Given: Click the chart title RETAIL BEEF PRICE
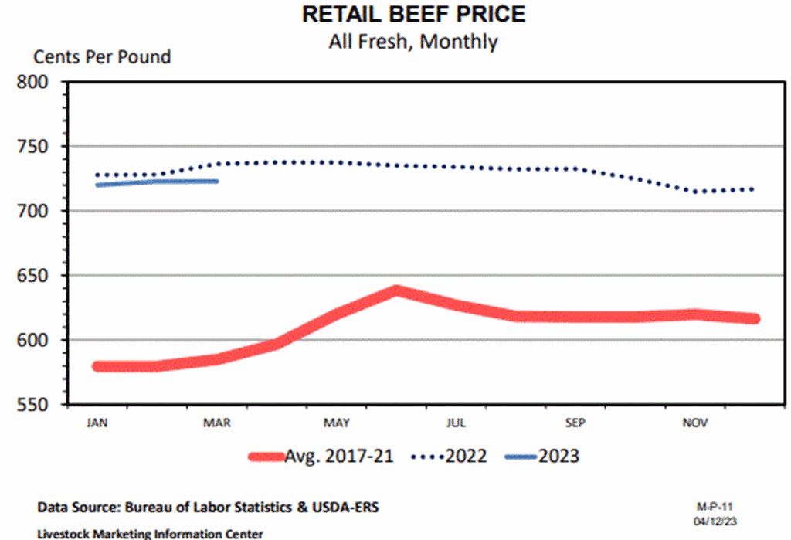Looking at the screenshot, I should tap(413, 14).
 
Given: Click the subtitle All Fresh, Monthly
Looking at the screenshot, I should tap(413, 41).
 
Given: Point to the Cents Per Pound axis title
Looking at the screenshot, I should tap(102, 57).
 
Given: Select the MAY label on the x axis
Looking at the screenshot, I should tap(337, 423).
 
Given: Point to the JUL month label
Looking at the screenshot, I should tap(456, 423).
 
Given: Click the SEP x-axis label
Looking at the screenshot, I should tap(575, 423).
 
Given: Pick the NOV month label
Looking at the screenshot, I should tap(694, 423).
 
